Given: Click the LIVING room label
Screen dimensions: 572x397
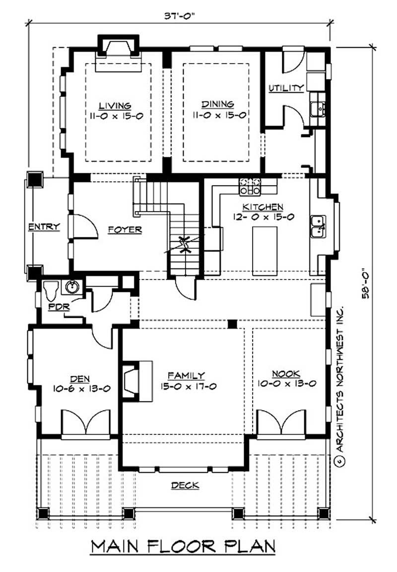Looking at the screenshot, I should [x=115, y=106].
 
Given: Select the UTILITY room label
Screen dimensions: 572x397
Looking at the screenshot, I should [x=286, y=88].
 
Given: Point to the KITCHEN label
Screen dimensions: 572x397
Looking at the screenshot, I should [x=263, y=207].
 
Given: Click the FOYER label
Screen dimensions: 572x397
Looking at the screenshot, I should [x=125, y=230].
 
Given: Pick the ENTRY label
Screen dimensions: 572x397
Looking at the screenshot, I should [x=44, y=227].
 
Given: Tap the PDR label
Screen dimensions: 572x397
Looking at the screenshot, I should [x=59, y=306].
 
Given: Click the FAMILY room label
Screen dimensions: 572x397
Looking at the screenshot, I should [x=186, y=376].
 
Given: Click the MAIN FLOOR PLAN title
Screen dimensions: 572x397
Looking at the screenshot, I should [x=183, y=546].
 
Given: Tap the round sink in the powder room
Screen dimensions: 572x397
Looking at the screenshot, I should [x=70, y=287].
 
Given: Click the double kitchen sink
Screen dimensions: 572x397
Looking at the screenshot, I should [x=318, y=226].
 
